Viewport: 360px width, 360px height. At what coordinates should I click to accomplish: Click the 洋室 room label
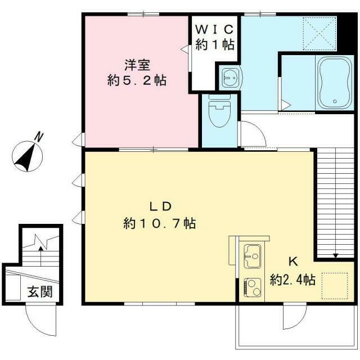[x=137, y=65]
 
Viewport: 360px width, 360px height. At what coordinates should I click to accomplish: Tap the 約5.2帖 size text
[x=137, y=80]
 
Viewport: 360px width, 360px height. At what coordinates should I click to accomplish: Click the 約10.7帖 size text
[x=159, y=224]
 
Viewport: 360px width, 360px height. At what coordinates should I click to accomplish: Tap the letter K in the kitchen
[x=292, y=262]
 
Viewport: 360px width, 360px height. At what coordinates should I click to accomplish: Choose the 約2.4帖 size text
[x=292, y=280]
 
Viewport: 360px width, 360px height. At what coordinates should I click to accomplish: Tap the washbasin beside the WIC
[x=228, y=76]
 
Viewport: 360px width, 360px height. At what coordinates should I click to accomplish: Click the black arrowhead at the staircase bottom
[x=336, y=256]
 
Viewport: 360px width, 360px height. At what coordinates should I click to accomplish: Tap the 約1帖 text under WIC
[x=214, y=46]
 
